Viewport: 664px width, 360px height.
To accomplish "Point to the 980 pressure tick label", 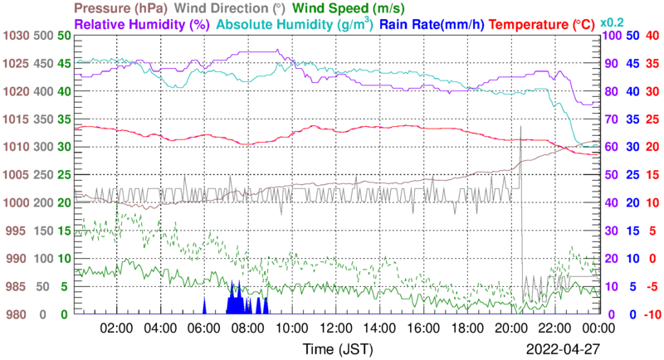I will pyautogui.click(x=19, y=314).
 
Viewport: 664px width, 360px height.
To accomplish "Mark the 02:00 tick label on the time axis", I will pyautogui.click(x=115, y=328).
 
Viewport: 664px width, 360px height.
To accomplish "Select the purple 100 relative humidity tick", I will pyautogui.click(x=608, y=36).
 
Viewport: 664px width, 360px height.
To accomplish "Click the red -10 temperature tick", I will pyautogui.click(x=652, y=314).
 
